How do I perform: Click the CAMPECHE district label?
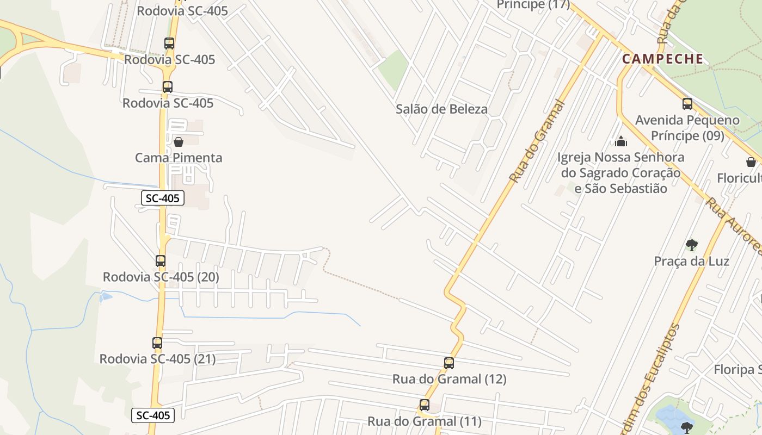coord(662,59)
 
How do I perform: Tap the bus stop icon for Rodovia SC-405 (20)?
coord(161,261)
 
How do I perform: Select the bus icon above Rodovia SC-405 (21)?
coord(157,343)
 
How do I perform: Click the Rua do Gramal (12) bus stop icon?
coord(449,363)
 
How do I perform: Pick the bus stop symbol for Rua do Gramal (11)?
coord(425,405)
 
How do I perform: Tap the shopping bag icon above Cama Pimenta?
coord(178,142)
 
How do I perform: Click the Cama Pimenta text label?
coord(179,158)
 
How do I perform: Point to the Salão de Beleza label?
coord(441,109)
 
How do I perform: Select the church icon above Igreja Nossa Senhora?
coord(621,142)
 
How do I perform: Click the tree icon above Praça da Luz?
coord(691,245)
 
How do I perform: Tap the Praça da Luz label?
coord(691,261)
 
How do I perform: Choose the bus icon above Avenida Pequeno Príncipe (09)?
coord(687,104)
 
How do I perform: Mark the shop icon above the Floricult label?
coord(751,162)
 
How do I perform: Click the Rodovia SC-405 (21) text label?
coord(157,359)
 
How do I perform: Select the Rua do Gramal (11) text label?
coord(425,421)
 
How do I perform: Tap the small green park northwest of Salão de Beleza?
coord(394,69)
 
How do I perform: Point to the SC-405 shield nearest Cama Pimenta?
coord(163,198)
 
